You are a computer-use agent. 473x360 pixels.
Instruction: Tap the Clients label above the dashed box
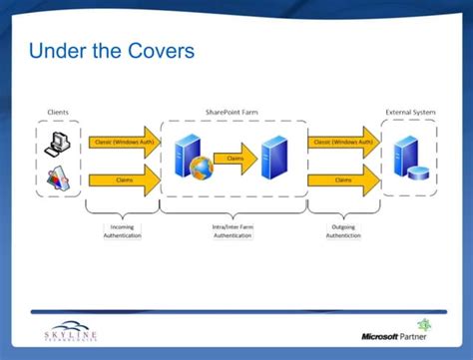click(58, 112)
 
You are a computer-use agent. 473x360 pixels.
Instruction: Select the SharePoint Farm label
click(233, 112)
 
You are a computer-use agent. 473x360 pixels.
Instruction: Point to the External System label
click(411, 112)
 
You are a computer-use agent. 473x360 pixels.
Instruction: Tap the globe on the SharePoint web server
click(199, 167)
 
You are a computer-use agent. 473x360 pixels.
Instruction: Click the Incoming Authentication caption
click(122, 231)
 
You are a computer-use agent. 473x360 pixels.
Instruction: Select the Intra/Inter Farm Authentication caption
click(233, 231)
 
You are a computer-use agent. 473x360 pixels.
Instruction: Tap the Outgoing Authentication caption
click(343, 231)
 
